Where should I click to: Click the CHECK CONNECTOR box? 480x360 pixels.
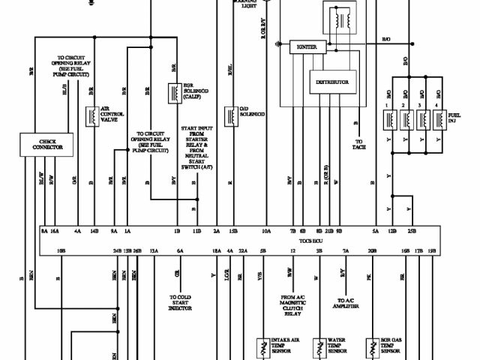[x=46, y=144]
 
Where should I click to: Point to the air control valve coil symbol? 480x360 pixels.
[x=93, y=118]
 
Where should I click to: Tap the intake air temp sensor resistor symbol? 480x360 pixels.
[x=262, y=346]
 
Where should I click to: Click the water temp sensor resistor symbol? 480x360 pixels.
[x=319, y=346]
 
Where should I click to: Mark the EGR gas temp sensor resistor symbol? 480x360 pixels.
[x=373, y=346]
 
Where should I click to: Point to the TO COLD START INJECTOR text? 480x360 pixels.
[x=179, y=301]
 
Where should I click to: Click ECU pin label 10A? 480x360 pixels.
[x=266, y=232]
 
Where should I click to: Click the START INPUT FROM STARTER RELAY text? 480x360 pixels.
[x=197, y=147]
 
